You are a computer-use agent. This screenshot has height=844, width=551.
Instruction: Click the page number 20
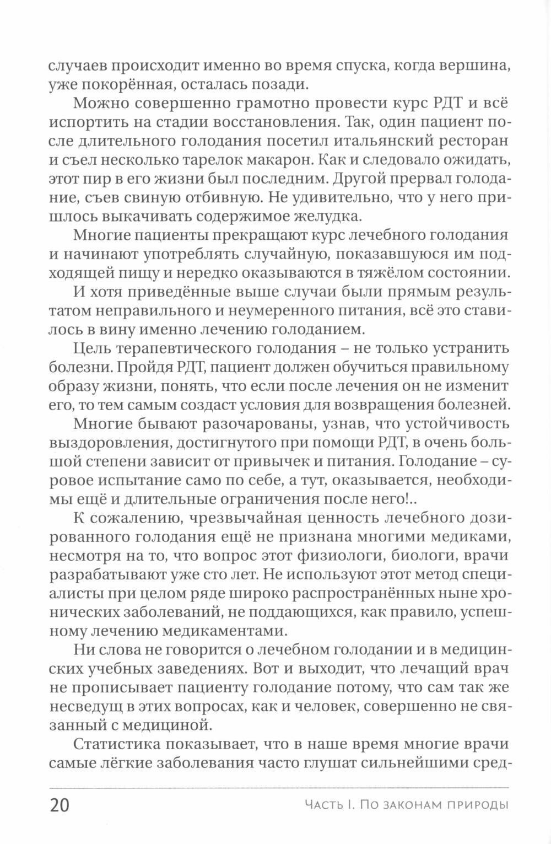pyautogui.click(x=60, y=805)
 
